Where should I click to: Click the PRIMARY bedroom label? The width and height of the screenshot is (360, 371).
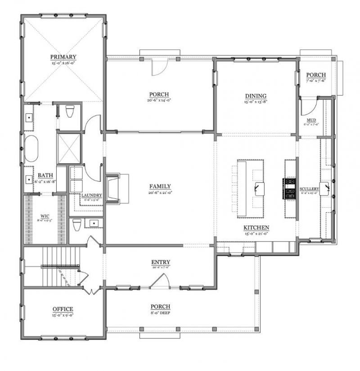pos(63,57)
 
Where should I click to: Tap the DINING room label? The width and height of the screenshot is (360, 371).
pos(256,96)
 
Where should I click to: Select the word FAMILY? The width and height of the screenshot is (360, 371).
pos(160,186)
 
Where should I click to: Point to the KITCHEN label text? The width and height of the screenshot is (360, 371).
pos(256,228)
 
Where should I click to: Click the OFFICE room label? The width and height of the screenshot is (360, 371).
pos(63,309)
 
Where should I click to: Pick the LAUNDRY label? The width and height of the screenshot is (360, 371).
pos(92,195)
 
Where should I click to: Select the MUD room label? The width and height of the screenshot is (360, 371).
pos(310,120)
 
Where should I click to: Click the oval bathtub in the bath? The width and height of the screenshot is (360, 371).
pos(31,148)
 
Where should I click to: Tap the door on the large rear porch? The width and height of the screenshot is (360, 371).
pos(158,67)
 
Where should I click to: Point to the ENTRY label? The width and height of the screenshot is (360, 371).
pos(160,262)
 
